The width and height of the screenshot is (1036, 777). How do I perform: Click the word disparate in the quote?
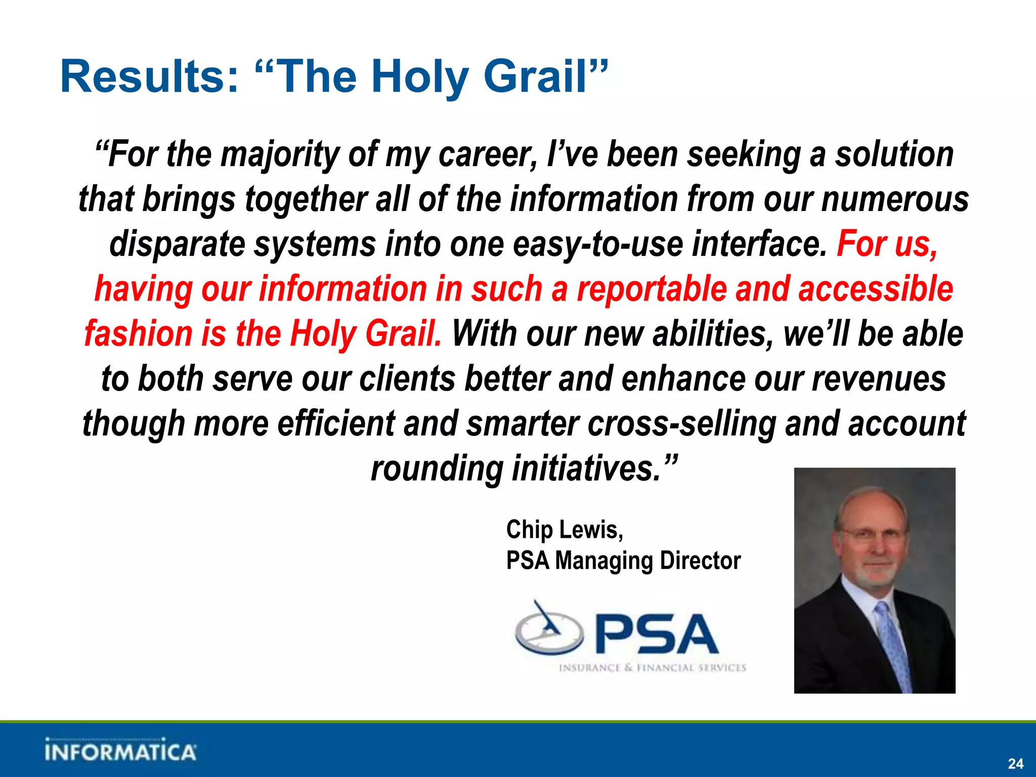coord(177,244)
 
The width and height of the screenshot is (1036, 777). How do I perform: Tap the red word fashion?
coord(139,334)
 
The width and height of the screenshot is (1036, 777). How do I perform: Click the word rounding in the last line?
coord(437,468)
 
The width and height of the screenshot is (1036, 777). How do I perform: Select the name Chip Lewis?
coord(564,530)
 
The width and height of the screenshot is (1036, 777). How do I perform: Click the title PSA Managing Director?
coord(623,560)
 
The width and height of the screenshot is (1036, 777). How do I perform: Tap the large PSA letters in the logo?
coord(657,634)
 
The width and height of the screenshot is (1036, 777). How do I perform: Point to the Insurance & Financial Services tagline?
coord(652,668)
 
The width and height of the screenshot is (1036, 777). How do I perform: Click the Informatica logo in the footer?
coord(120,751)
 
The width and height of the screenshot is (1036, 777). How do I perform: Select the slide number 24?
coord(1015,763)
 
